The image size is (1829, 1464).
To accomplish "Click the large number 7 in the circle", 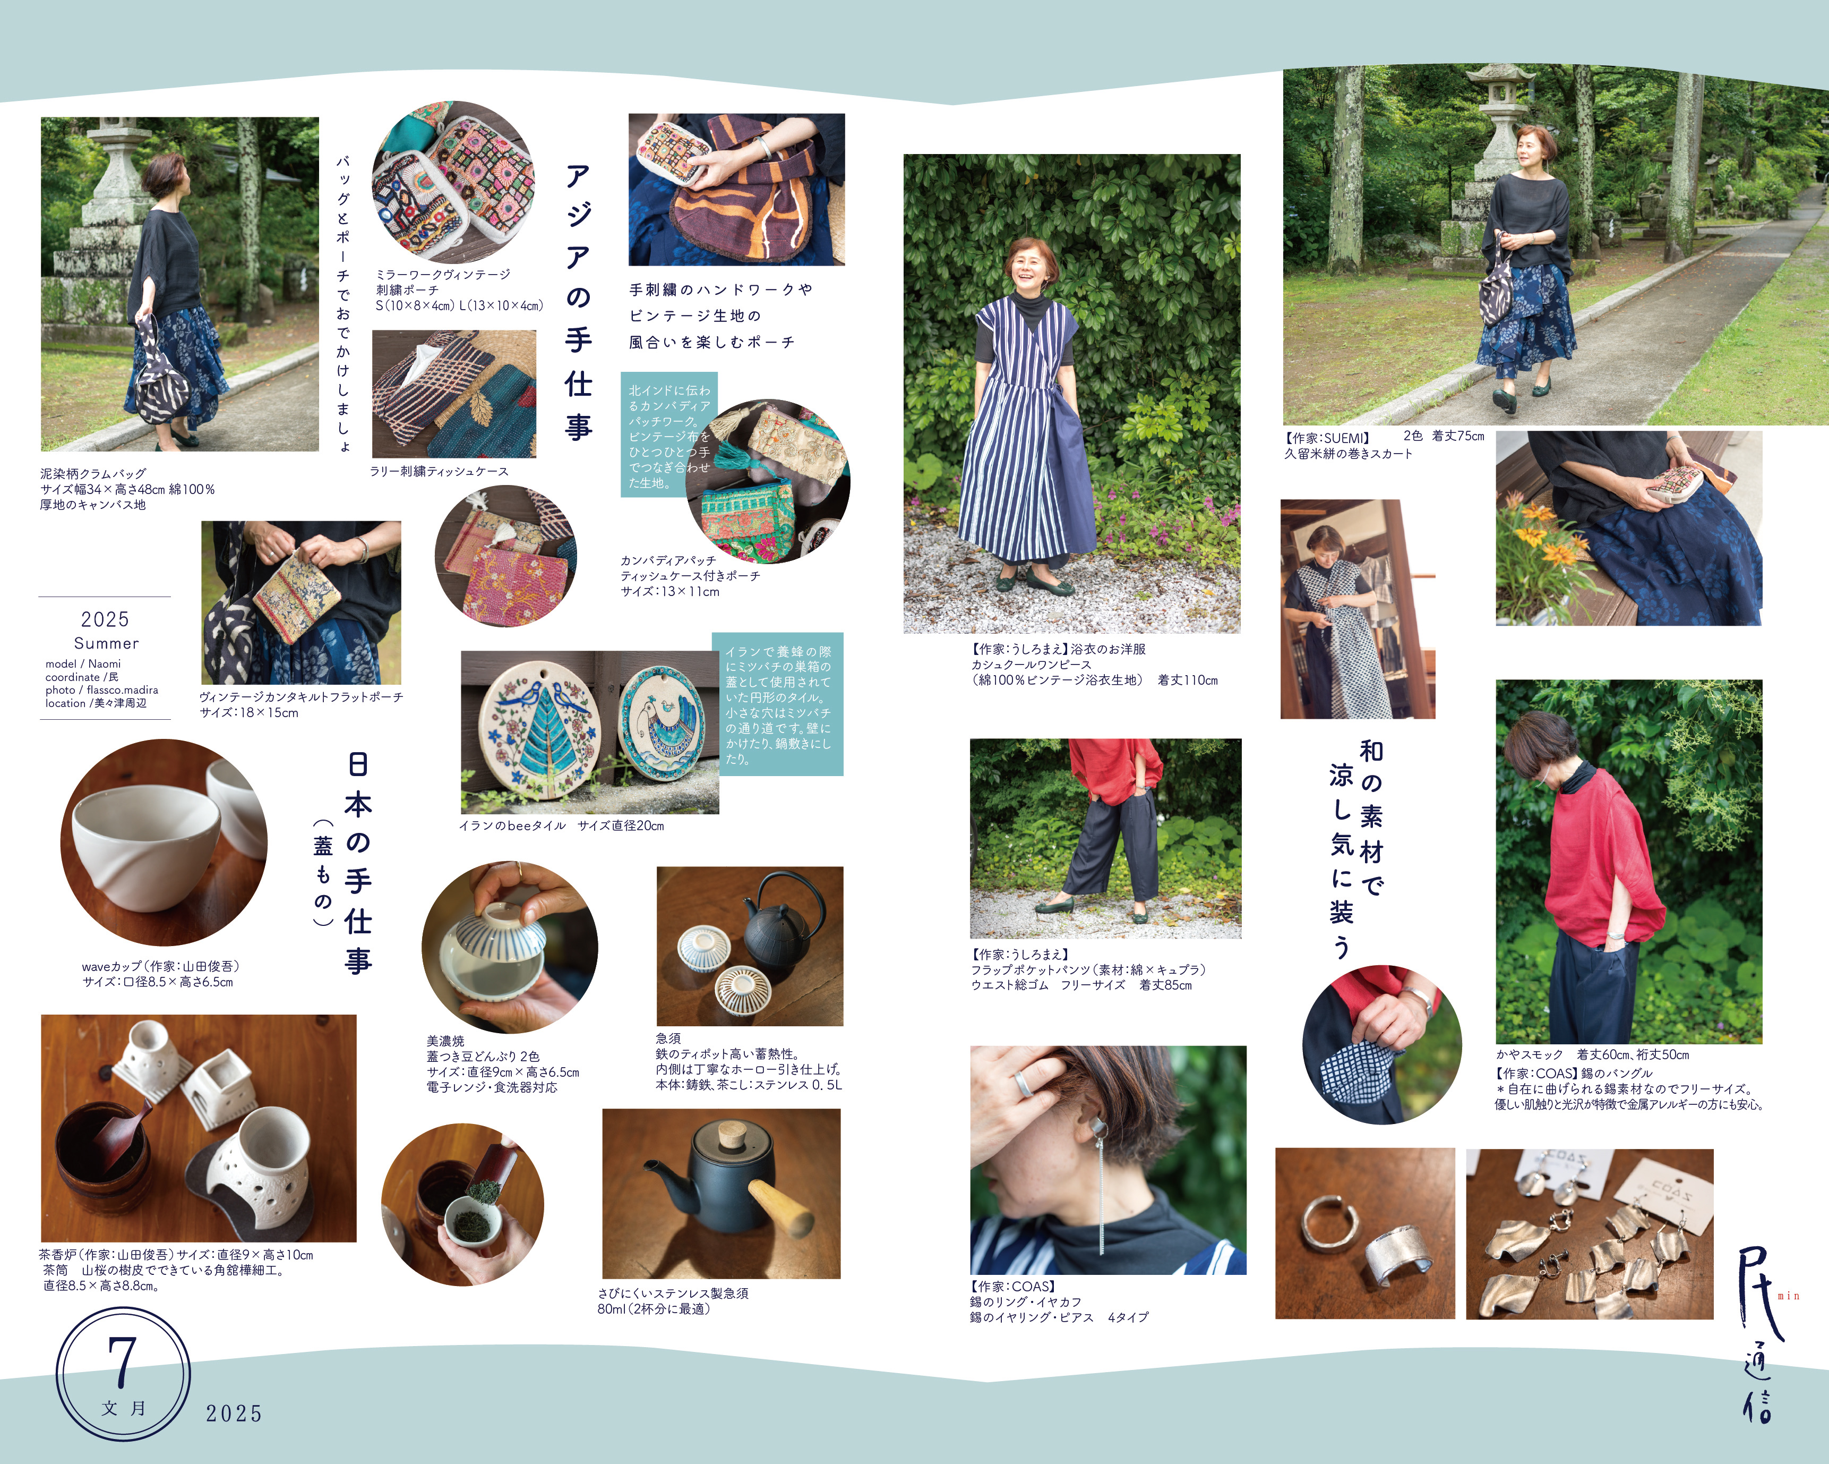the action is pyautogui.click(x=123, y=1362).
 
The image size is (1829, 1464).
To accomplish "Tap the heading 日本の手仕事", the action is pyautogui.click(x=358, y=862).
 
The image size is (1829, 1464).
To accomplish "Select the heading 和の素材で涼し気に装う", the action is pyautogui.click(x=1358, y=849).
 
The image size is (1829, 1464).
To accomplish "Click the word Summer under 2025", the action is pyautogui.click(x=106, y=643).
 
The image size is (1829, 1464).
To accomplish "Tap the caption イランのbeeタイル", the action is pyautogui.click(x=512, y=826).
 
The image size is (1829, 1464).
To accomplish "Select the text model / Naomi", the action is pyautogui.click(x=83, y=663).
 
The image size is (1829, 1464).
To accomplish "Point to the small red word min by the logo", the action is pyautogui.click(x=1788, y=1296).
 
